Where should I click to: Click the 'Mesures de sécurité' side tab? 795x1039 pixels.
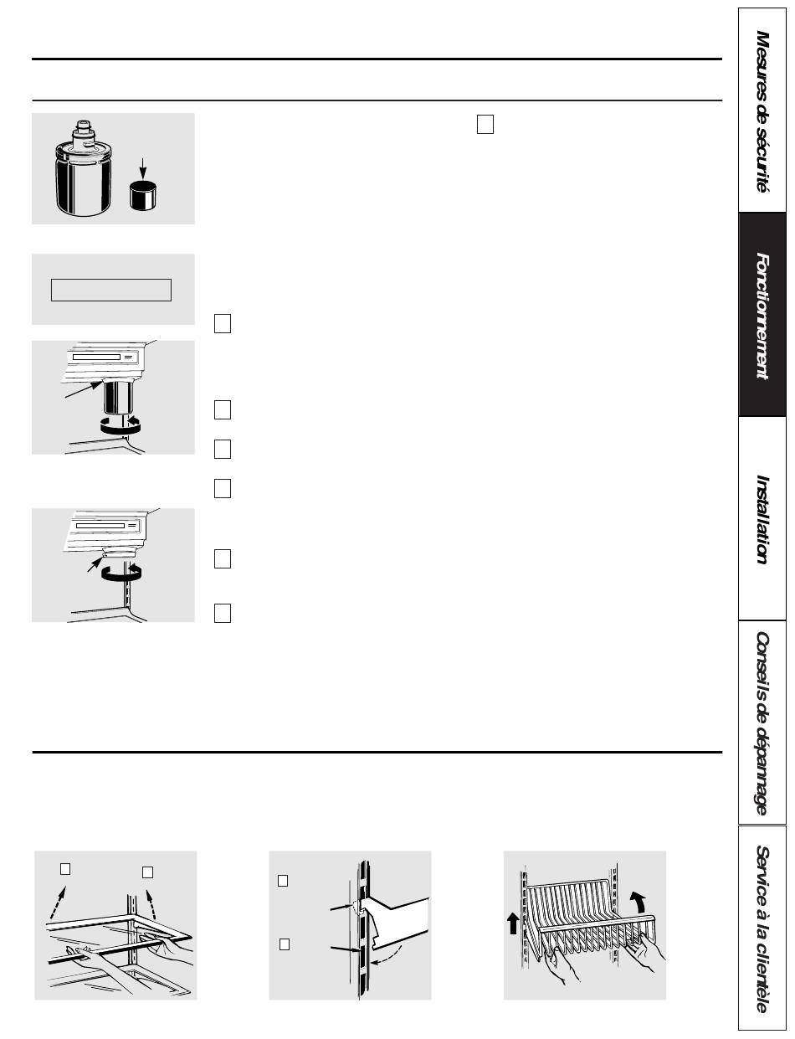(762, 110)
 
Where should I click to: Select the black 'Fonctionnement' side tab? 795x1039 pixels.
(762, 315)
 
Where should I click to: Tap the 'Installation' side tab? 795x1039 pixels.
(762, 518)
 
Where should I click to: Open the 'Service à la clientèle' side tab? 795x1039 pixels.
(762, 928)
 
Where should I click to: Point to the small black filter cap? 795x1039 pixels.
(144, 196)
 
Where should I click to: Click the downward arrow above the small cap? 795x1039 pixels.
(142, 169)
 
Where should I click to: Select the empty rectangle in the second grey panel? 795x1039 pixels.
(111, 290)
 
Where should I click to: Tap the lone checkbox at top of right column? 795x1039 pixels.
(485, 124)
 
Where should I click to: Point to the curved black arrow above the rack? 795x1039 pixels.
(639, 902)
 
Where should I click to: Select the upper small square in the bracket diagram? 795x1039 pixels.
(283, 881)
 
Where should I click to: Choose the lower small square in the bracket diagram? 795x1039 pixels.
(285, 944)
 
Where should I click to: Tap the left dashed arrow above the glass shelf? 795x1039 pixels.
(58, 902)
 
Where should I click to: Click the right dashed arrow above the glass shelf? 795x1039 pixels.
(151, 903)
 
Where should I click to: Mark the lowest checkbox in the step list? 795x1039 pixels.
(223, 614)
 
